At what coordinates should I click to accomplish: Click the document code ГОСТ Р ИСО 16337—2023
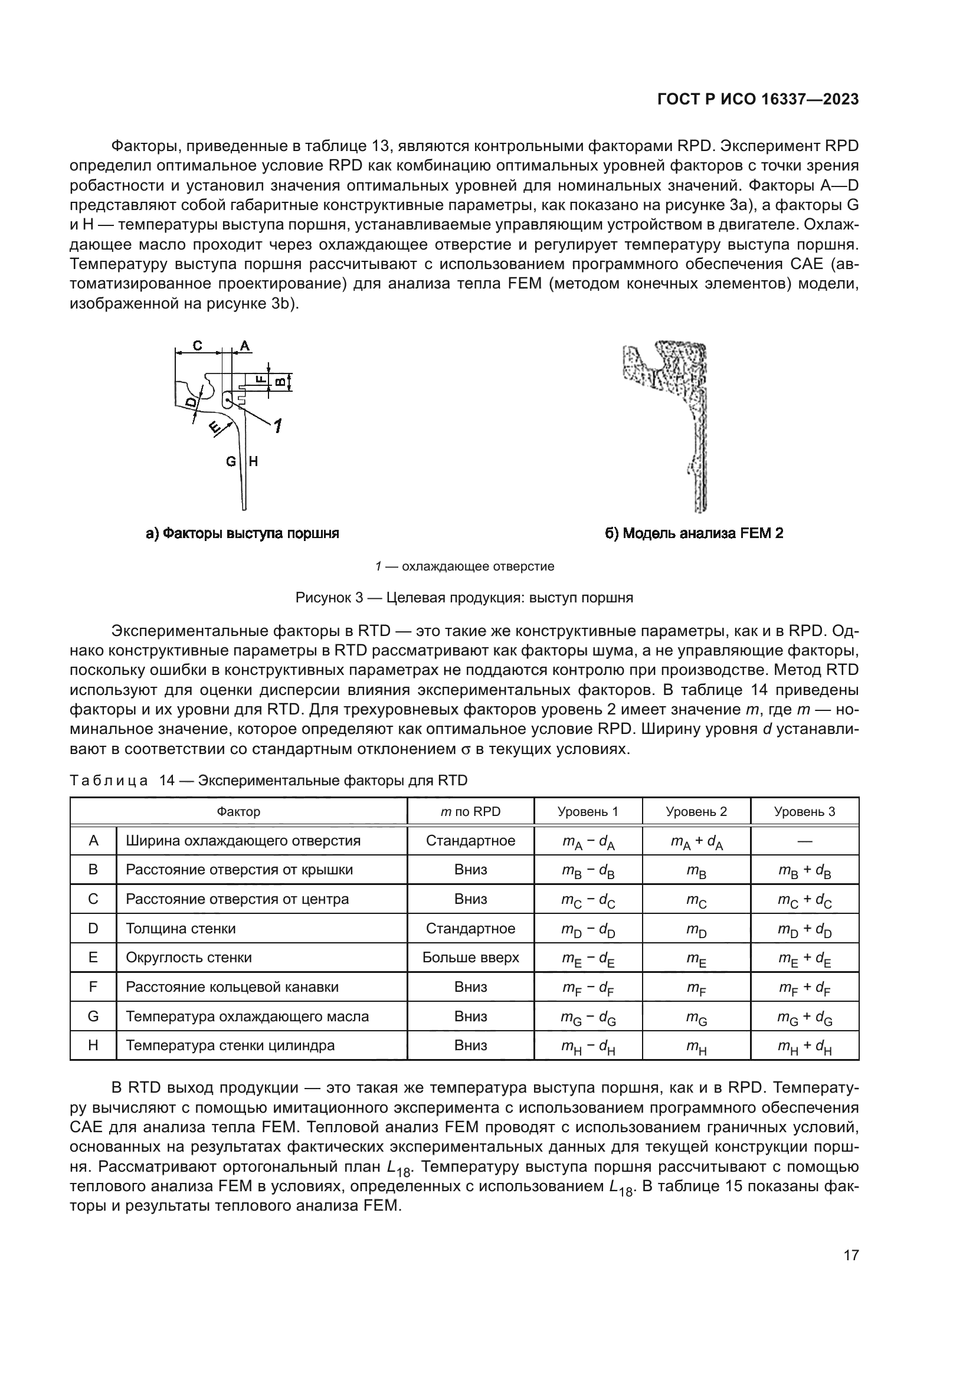pos(758,100)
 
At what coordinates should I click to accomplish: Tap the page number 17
pos(851,1255)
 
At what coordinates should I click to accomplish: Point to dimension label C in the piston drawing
pos(198,346)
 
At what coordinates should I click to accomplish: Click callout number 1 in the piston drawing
pos(278,426)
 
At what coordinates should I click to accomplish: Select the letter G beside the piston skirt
pos(231,461)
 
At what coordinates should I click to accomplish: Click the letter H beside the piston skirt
pos(253,461)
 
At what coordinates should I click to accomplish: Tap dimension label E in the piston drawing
pos(214,427)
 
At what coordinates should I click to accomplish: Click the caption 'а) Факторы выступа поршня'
pos(242,533)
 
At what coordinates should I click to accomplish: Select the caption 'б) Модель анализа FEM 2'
pos(694,533)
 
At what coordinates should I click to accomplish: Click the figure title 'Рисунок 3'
pos(464,598)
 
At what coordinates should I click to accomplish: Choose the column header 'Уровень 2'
pos(696,811)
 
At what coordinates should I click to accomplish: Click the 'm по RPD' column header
pos(470,811)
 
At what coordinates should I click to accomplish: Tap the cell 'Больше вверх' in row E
pos(470,958)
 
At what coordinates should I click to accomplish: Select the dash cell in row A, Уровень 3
pos(804,841)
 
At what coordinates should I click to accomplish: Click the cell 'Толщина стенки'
pos(181,929)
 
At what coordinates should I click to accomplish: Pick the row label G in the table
pos(93,1017)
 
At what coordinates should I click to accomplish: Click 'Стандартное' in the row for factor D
pos(470,929)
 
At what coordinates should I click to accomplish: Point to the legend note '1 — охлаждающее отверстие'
pos(464,566)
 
